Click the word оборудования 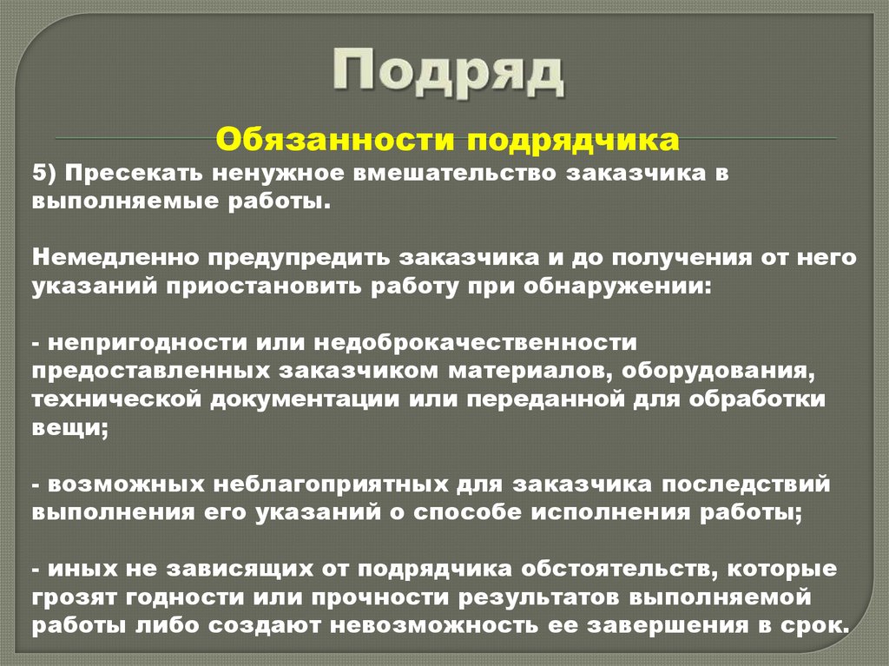tap(734, 371)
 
